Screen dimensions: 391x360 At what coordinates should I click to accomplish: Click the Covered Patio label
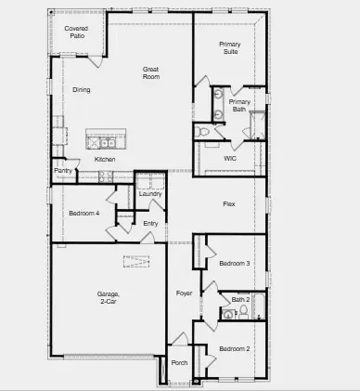click(x=76, y=33)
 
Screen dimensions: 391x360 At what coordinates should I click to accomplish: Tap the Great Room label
click(x=151, y=73)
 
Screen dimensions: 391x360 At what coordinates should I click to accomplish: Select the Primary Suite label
click(x=230, y=48)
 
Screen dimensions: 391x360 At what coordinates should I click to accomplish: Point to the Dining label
click(x=82, y=90)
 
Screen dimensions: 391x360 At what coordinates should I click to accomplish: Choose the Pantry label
click(x=63, y=171)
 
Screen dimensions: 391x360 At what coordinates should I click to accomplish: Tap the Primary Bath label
click(x=239, y=106)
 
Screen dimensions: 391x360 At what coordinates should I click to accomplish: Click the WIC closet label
click(x=230, y=158)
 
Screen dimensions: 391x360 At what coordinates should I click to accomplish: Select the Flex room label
click(x=228, y=203)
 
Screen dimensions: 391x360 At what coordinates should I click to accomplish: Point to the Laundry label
click(x=150, y=193)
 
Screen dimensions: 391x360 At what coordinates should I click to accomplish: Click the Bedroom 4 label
click(x=84, y=214)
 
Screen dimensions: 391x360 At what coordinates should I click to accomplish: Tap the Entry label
click(x=150, y=223)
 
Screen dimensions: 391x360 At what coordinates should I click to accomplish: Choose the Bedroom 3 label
click(x=234, y=264)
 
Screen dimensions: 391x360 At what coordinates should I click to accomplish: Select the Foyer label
click(x=184, y=294)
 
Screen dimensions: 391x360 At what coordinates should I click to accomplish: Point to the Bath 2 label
click(x=240, y=299)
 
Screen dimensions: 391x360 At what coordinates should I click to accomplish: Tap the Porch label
click(x=179, y=363)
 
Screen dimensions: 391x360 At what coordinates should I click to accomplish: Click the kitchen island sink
click(x=99, y=142)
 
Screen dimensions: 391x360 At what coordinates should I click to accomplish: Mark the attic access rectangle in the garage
click(x=137, y=261)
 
